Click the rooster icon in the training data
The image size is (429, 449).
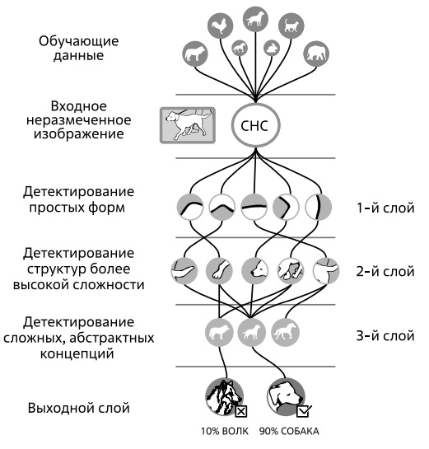[220, 26]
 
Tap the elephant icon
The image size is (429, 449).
[316, 54]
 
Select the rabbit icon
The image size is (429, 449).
[272, 48]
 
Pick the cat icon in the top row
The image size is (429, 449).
[291, 26]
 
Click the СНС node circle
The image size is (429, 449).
[255, 125]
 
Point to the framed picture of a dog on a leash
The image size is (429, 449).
[188, 125]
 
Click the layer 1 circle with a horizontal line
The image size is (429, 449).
[254, 207]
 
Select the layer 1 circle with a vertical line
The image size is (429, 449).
[319, 207]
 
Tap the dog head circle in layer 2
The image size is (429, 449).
[254, 270]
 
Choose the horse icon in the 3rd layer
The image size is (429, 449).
[285, 333]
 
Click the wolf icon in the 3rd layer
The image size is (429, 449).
[219, 333]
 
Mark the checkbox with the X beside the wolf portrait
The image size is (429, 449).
[241, 411]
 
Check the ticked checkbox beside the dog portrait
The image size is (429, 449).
[304, 411]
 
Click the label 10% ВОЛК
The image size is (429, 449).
[225, 431]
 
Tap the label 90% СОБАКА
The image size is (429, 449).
[289, 431]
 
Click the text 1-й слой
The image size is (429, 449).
[385, 208]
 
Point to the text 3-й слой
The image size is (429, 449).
[385, 335]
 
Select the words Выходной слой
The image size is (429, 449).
[79, 408]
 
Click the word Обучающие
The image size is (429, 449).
[79, 41]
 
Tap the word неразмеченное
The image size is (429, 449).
[79, 119]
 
